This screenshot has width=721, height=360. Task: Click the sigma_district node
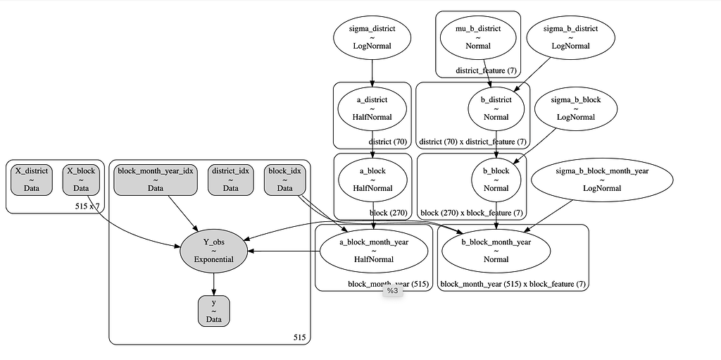[x=372, y=37]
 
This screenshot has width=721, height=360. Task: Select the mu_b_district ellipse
[x=478, y=37]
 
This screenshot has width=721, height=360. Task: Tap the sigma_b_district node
[x=571, y=37]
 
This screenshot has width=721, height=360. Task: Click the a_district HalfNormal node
[x=372, y=108]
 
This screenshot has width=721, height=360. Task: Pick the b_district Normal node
[x=496, y=108]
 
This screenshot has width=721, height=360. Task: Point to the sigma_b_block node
[x=576, y=108]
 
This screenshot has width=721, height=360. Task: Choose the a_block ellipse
[x=372, y=180]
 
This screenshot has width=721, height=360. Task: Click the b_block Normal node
[x=496, y=180]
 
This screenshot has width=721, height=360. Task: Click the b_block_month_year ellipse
[x=496, y=250]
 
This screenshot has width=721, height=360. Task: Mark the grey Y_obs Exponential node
[x=213, y=250]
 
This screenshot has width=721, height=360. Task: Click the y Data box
[x=213, y=311]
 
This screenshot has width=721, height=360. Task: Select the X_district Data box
[x=32, y=180]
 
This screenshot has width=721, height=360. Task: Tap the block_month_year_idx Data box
[x=156, y=180]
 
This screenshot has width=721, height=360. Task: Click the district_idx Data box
[x=231, y=180]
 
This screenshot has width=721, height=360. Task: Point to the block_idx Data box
[x=284, y=180]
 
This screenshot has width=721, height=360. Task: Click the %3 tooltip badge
[x=391, y=290]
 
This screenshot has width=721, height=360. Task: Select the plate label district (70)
[x=387, y=141]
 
